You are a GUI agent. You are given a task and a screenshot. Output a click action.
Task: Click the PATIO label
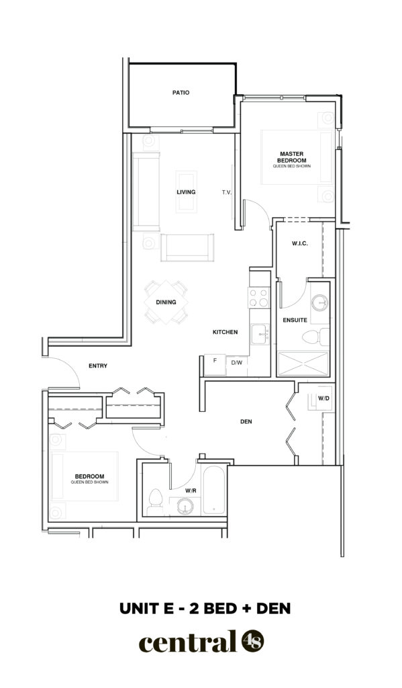tap(181, 93)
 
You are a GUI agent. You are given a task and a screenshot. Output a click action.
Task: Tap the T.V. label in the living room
tap(226, 192)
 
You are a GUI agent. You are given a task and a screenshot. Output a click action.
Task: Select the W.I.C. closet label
tap(299, 243)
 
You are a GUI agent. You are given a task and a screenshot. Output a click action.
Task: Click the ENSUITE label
tap(295, 320)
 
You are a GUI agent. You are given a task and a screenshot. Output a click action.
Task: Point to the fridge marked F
tap(215, 365)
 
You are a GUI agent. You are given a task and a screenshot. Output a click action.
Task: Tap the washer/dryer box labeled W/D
tap(323, 398)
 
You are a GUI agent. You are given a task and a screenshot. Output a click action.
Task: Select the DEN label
tap(246, 422)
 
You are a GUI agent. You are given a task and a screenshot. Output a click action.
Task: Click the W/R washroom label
tap(190, 491)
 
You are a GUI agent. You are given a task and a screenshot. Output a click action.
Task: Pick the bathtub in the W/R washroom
tap(214, 489)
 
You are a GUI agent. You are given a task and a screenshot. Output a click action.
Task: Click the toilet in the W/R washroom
tap(155, 502)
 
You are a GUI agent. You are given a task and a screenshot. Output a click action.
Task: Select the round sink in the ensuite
tap(319, 302)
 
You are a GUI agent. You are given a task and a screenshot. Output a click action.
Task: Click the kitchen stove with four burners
tap(259, 297)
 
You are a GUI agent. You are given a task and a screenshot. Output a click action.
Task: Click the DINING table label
tap(166, 302)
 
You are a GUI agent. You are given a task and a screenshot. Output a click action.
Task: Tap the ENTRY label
tap(98, 365)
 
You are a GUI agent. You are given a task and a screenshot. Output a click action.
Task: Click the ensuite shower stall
tap(303, 363)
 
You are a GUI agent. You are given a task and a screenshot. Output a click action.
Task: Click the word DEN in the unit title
tap(274, 609)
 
